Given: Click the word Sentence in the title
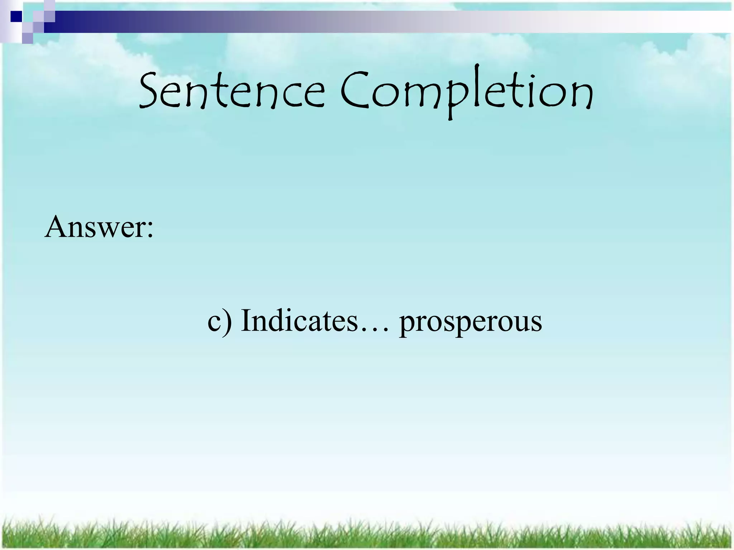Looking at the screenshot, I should (231, 91).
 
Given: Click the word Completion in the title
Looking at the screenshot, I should (466, 91).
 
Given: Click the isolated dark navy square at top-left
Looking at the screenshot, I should (16, 16).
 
